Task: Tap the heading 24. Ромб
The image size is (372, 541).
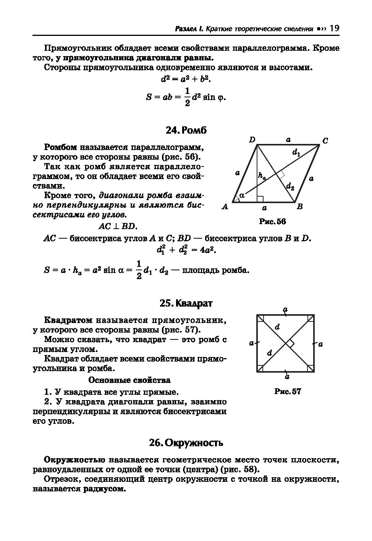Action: click(186, 130)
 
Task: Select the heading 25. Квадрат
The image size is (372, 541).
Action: click(186, 303)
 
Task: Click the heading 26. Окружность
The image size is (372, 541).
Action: click(186, 443)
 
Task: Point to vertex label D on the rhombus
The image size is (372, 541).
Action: click(252, 140)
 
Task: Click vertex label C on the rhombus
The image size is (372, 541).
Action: click(325, 141)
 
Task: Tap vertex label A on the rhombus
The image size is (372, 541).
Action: click(225, 207)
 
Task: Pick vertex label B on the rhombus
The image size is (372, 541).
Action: click(300, 207)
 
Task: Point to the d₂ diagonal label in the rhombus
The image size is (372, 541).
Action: click(290, 186)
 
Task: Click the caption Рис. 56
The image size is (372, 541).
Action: click(272, 222)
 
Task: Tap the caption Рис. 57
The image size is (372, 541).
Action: click(288, 391)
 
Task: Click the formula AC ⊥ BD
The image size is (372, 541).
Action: click(117, 226)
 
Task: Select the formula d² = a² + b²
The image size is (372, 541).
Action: click(186, 79)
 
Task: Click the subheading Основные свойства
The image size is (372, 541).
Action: click(129, 380)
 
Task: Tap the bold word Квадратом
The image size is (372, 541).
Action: click(68, 320)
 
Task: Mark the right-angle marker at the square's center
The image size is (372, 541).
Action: click(290, 344)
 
